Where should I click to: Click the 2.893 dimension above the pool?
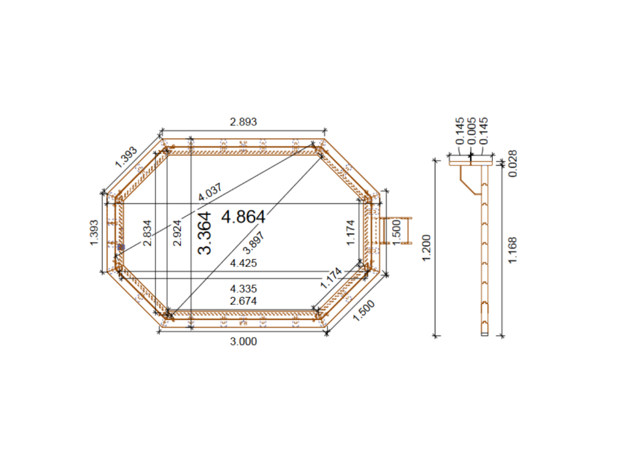[x=243, y=121]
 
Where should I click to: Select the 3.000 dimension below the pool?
[x=243, y=341]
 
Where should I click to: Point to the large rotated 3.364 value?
[x=205, y=233]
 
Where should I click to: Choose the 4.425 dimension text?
[x=243, y=264]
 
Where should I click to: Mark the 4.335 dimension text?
[x=243, y=288]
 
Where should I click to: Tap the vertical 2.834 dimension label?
[x=148, y=232]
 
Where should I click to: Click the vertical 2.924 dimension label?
[x=178, y=232]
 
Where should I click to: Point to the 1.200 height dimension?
[x=427, y=248]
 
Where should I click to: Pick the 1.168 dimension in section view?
[x=513, y=250]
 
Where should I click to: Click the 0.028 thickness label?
[x=513, y=164]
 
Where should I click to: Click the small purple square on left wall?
[x=121, y=247]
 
